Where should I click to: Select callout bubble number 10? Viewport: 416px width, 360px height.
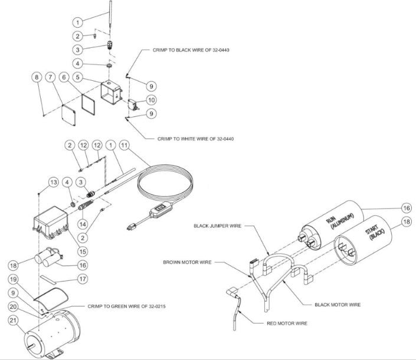pos(152,100)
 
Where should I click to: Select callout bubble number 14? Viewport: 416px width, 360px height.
pos(83,224)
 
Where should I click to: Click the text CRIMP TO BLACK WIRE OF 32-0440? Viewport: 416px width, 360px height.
pos(186,51)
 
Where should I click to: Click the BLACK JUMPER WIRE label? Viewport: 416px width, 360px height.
pos(217,225)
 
